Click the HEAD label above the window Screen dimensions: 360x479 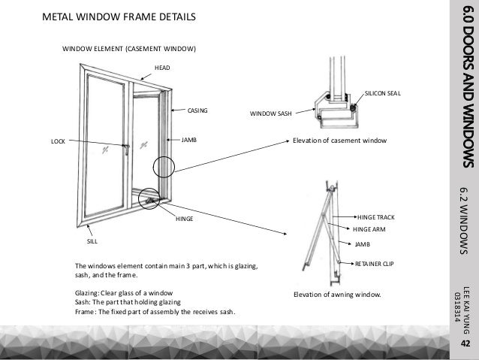[162, 68]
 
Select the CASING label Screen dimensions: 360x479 [197, 110]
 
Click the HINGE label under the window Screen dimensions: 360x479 [185, 218]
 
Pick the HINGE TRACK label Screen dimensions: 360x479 [376, 216]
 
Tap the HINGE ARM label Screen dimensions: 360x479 [372, 230]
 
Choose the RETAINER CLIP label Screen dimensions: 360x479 [373, 265]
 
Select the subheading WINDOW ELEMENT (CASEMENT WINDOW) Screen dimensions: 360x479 [128, 49]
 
